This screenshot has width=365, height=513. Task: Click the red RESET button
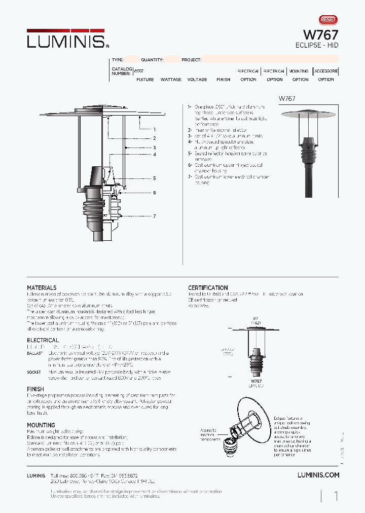click(x=328, y=19)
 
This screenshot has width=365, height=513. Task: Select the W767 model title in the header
click(x=320, y=34)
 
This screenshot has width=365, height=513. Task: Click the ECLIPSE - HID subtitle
click(x=317, y=45)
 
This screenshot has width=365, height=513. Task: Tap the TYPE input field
click(x=132, y=59)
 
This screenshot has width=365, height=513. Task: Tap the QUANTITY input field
click(x=172, y=59)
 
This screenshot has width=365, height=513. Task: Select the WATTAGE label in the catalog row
click(x=171, y=80)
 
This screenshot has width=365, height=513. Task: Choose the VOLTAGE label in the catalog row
click(x=197, y=80)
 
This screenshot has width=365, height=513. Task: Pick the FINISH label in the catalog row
click(x=223, y=80)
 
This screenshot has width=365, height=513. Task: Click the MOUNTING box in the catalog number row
click(x=299, y=71)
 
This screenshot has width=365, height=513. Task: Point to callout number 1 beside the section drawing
click(x=154, y=130)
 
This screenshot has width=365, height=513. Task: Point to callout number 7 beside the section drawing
click(x=154, y=216)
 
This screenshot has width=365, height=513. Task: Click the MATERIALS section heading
click(x=42, y=288)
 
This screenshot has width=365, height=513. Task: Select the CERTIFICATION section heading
click(x=208, y=288)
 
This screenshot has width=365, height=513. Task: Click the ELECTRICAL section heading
click(x=43, y=340)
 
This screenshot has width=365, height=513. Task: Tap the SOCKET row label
click(x=34, y=372)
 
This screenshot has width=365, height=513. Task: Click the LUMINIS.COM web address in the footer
click(x=318, y=475)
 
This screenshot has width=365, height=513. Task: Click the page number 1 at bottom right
click(x=336, y=496)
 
